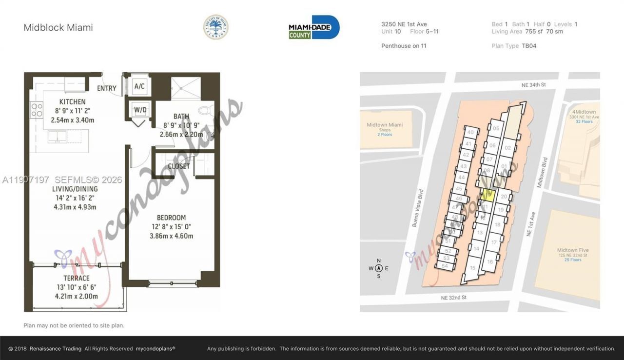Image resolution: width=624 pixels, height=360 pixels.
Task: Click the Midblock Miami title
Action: pos(58,27)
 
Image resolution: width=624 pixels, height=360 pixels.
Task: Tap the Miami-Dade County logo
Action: pos(314,27)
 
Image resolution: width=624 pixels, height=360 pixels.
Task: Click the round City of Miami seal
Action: pos(215,27)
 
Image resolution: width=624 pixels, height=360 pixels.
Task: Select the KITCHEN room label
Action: pos(72,102)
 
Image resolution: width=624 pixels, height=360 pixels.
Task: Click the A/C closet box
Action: pos(139,86)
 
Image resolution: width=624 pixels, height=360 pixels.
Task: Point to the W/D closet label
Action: pos(140,110)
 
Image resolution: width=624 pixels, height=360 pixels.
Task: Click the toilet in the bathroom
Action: pos(206,110)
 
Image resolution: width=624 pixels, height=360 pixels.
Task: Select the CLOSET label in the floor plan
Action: pos(179,166)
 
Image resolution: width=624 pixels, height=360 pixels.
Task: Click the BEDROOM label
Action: pos(171,218)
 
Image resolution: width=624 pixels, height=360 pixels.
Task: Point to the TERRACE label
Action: pos(77,278)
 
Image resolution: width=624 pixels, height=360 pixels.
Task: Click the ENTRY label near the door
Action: pos(107,88)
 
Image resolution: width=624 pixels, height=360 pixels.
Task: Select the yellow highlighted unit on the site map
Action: pos(488,196)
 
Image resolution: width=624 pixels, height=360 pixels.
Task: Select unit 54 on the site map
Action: pos(444,266)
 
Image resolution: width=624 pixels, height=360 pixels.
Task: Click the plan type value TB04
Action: pos(529,46)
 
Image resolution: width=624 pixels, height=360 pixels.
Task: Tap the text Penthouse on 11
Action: pos(404,46)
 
